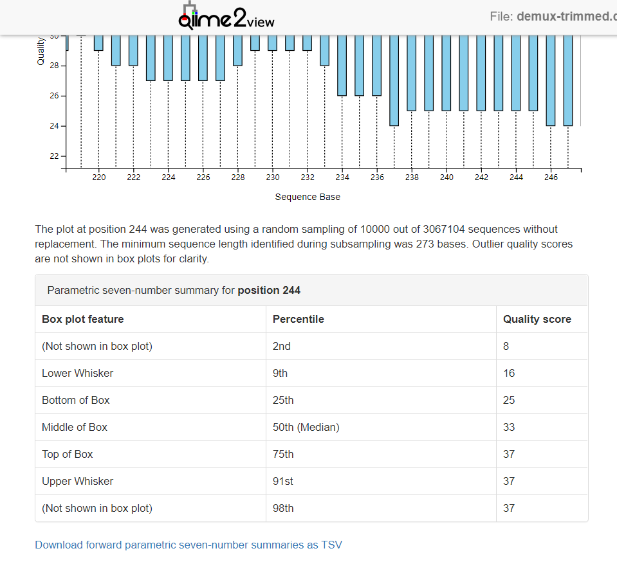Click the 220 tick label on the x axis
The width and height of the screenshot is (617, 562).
(99, 177)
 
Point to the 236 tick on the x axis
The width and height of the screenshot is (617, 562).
(377, 170)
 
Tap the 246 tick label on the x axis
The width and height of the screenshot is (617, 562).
(551, 177)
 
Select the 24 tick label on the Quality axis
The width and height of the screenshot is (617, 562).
(54, 126)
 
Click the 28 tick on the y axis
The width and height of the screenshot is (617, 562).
(63, 66)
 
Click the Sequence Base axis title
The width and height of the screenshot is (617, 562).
(308, 197)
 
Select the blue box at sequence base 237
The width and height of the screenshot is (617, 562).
(394, 80)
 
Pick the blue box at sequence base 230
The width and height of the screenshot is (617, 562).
(272, 43)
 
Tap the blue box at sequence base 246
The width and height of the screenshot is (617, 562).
(551, 80)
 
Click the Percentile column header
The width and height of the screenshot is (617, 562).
(299, 319)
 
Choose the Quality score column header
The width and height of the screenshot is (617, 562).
(537, 319)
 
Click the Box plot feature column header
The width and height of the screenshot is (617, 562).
(82, 319)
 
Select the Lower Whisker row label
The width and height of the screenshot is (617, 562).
(77, 373)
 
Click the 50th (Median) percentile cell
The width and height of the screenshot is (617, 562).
(306, 427)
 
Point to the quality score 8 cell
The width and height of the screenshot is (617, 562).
(506, 346)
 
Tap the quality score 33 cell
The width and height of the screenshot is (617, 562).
(509, 427)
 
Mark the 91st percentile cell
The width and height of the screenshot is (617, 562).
(283, 481)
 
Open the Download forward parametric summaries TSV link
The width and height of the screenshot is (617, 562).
(189, 545)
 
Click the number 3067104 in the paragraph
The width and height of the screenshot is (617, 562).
(444, 229)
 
